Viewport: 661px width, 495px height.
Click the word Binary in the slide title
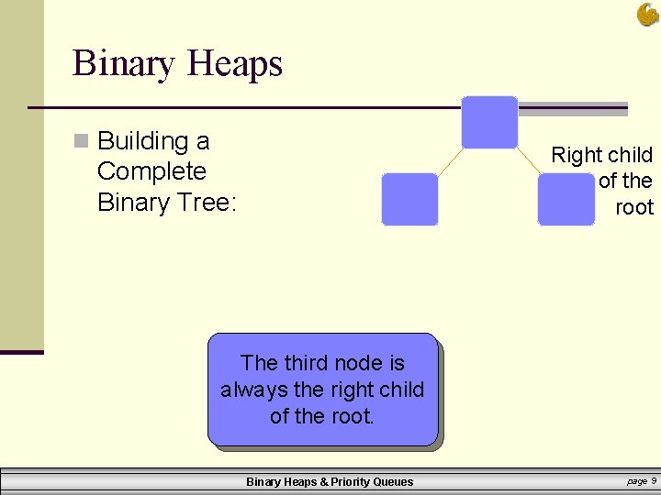pos(125,64)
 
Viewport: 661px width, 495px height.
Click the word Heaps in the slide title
pos(234,64)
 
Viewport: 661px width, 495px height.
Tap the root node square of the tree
pos(489,122)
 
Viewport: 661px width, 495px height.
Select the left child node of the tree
pos(409,199)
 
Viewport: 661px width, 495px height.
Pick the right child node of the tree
pos(566,199)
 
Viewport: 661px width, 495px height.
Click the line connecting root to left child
pos(450,160)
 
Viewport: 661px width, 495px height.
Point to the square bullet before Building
pos(81,141)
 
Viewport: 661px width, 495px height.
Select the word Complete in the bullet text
pos(151,171)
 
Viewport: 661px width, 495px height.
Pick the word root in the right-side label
pos(634,208)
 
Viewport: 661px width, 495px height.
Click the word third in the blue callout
pos(309,364)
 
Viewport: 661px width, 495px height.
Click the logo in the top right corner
pos(647,15)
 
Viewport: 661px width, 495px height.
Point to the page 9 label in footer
pos(641,480)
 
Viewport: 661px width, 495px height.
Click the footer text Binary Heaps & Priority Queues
pos(330,482)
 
